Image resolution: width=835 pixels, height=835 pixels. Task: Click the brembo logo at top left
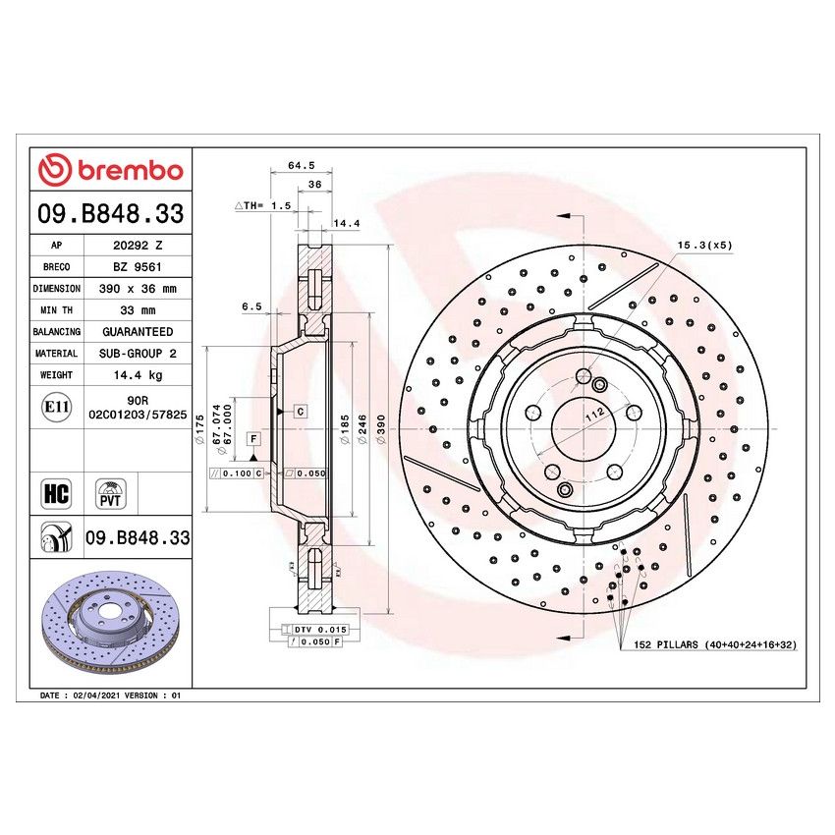(x=110, y=170)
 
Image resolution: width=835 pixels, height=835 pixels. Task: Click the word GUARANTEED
(x=137, y=332)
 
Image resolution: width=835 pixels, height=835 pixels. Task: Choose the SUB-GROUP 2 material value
(x=137, y=354)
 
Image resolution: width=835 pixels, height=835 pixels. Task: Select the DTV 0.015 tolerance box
(x=314, y=628)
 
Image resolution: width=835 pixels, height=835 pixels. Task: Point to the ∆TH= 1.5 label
(x=262, y=206)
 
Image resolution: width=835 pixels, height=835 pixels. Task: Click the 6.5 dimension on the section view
(x=250, y=306)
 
